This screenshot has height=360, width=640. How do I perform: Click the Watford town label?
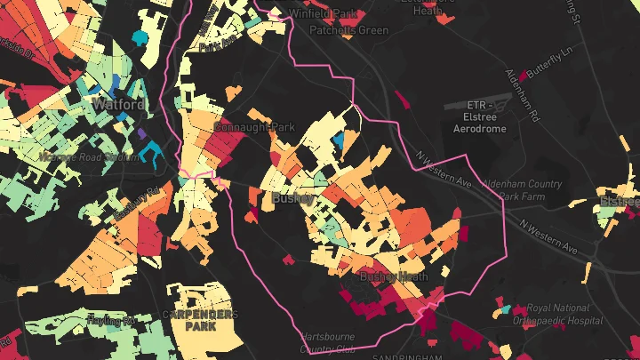pyautogui.click(x=118, y=105)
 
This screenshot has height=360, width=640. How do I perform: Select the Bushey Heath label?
pyautogui.click(x=388, y=278)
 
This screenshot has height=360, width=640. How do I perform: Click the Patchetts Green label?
pyautogui.click(x=349, y=30)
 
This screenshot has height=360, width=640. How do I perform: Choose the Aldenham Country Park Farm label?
pyautogui.click(x=522, y=189)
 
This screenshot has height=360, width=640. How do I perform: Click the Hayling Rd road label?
pyautogui.click(x=110, y=319)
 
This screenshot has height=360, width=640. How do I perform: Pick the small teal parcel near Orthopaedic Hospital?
pyautogui.click(x=506, y=309)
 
